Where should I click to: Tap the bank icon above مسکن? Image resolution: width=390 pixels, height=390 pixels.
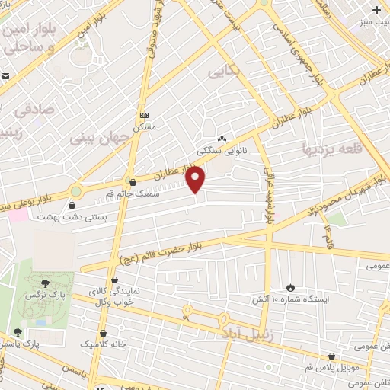point(143,115)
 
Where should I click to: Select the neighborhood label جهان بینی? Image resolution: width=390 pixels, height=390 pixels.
point(101,138)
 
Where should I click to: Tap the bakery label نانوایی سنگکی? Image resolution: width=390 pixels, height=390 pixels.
point(222,150)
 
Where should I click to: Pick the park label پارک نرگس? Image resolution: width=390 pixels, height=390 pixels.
point(43,293)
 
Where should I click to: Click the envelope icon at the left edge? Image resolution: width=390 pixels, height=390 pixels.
point(5,76)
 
